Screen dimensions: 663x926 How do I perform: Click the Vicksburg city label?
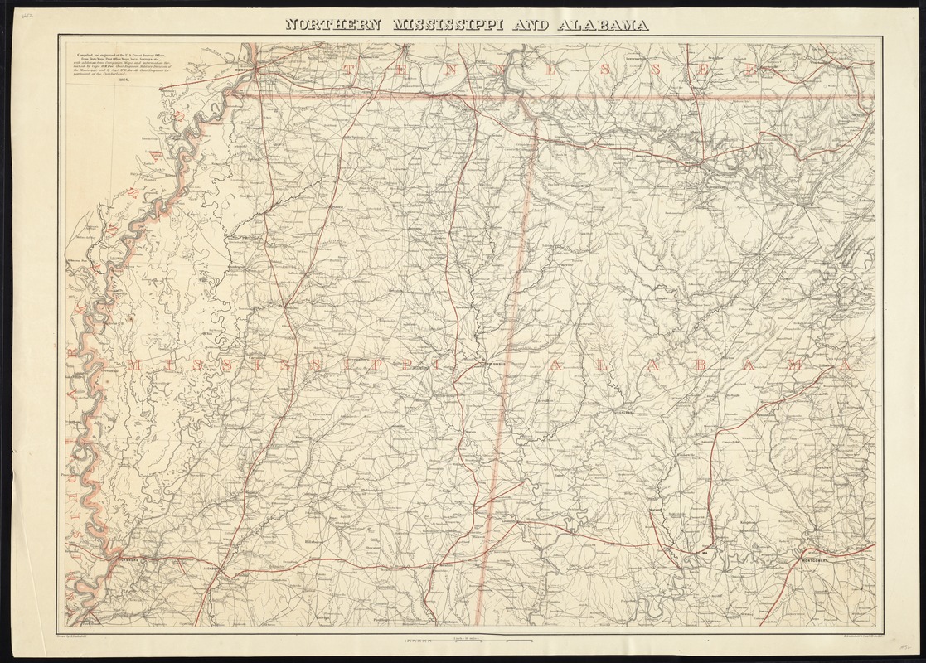pos(124,559)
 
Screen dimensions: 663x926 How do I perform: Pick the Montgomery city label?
pos(817,559)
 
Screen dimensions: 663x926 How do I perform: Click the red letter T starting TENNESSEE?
pos(355,70)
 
